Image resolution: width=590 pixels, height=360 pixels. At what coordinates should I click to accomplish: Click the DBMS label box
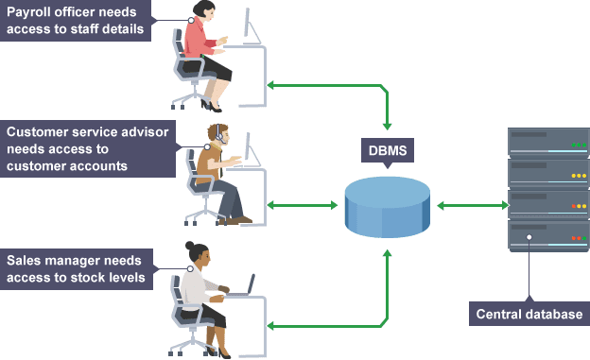(x=388, y=148)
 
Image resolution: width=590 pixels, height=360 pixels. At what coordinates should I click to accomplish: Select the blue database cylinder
(x=388, y=206)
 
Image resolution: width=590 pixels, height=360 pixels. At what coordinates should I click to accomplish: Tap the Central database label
(x=529, y=314)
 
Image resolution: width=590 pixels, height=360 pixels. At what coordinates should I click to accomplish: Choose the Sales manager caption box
(x=77, y=267)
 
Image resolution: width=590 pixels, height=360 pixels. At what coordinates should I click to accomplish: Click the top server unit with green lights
(x=548, y=143)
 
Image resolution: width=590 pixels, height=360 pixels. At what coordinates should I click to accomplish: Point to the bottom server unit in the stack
(x=548, y=235)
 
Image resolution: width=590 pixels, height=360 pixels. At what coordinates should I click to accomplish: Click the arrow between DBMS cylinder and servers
(x=469, y=205)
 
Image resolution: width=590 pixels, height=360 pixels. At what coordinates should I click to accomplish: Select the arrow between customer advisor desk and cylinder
(x=304, y=204)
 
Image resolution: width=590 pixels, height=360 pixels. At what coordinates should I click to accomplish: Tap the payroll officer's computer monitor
(x=251, y=25)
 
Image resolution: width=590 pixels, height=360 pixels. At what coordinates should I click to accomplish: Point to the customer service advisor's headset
(x=218, y=134)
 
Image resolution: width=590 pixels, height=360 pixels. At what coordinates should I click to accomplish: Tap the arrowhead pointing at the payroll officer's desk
(x=271, y=86)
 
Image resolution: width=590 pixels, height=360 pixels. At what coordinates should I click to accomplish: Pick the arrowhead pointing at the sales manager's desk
(x=271, y=326)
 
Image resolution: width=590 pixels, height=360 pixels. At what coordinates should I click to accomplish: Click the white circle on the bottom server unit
(x=529, y=236)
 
